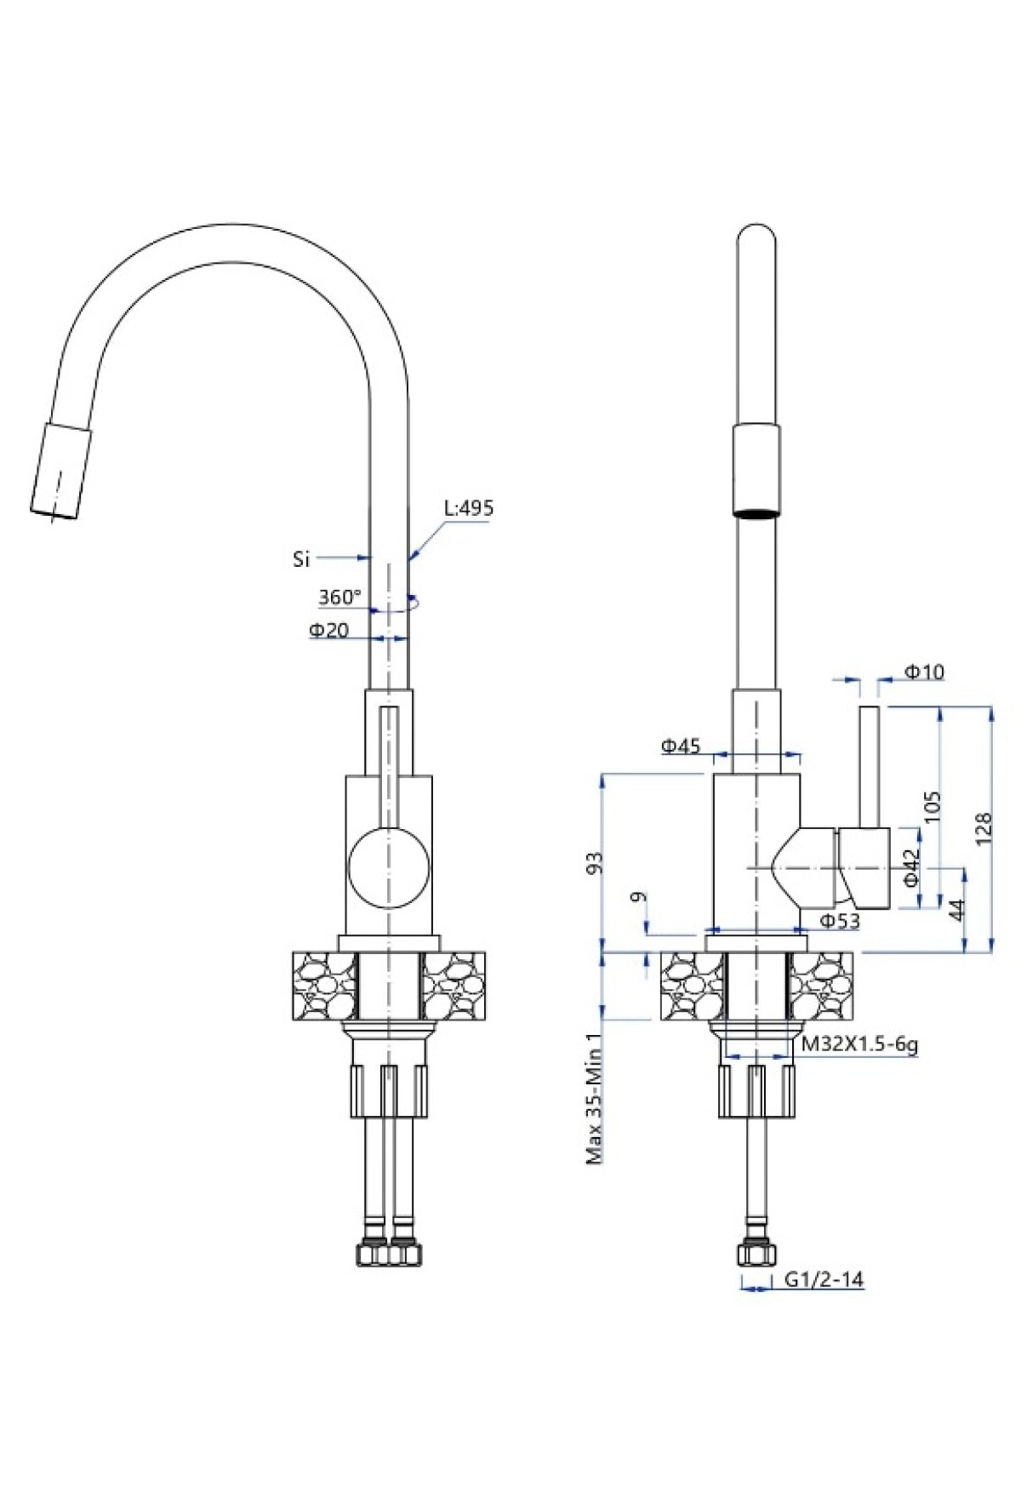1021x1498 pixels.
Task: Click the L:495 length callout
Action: [469, 508]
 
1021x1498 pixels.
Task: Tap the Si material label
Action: [300, 559]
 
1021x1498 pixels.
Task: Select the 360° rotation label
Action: [340, 597]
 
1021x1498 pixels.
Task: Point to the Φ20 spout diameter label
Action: [328, 631]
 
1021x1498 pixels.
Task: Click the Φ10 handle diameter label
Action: [924, 672]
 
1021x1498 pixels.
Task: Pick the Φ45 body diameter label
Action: [681, 746]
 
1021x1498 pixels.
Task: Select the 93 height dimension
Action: [596, 862]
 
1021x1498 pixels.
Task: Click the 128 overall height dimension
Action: [983, 827]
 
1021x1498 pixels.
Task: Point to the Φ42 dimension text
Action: [910, 868]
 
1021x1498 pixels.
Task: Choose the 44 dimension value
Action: [956, 910]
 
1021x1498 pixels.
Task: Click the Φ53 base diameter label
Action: [839, 920]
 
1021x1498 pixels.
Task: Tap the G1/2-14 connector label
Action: [824, 1279]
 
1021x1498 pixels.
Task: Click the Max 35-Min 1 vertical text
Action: [595, 1098]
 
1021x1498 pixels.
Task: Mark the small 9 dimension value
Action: [641, 897]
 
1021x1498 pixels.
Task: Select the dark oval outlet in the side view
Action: [756, 513]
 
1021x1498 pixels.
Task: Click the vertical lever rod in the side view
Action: [869, 766]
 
